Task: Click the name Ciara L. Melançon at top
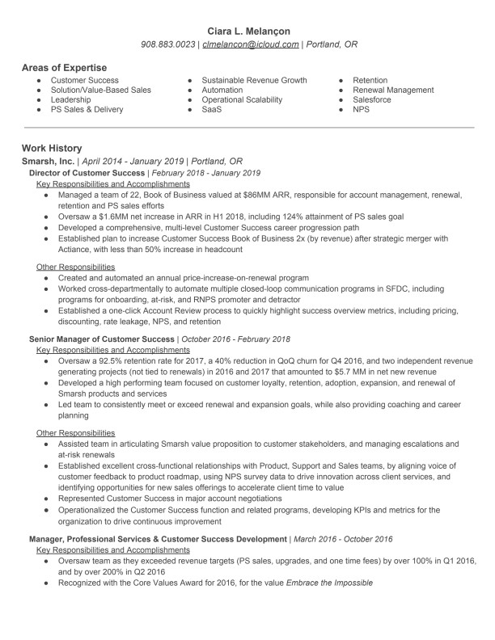(x=247, y=31)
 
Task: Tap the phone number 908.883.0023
(x=168, y=44)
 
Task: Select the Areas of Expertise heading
(x=64, y=67)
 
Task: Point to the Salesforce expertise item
(x=371, y=100)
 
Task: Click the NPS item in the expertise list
(x=361, y=110)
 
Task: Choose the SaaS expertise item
(x=212, y=110)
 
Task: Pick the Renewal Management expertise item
(x=393, y=91)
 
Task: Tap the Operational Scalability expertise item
(x=242, y=100)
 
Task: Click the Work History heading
(x=52, y=149)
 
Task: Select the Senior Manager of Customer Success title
(x=101, y=339)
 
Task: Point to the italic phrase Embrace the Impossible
(x=329, y=582)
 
